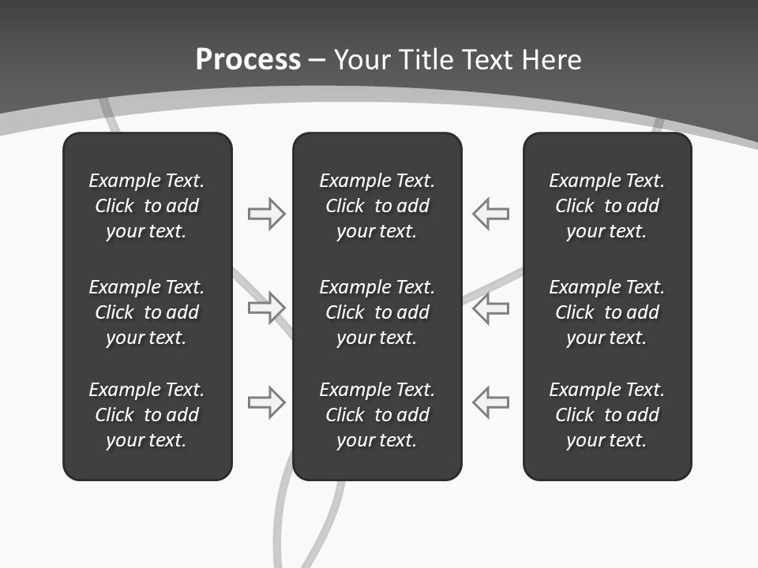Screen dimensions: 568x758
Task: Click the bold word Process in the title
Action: click(248, 60)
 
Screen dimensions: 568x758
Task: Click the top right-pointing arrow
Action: click(266, 214)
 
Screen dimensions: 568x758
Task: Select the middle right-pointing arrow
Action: click(266, 308)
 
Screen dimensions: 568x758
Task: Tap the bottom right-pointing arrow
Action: click(266, 402)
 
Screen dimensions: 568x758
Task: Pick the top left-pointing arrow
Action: click(491, 214)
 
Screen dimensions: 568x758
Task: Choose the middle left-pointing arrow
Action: click(491, 308)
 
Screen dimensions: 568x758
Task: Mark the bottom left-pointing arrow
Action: click(491, 402)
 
